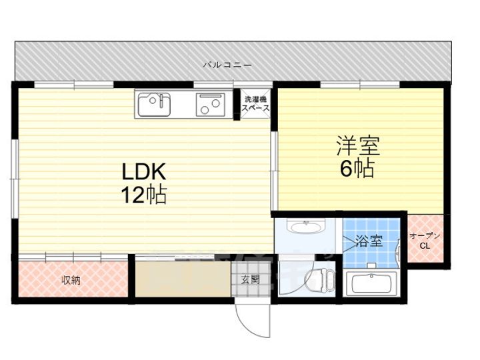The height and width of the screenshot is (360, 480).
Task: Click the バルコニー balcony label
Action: pos(227,65)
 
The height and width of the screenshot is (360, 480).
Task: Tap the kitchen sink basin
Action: pos(155,103)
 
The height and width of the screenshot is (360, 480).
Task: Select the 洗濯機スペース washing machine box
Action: pos(255,103)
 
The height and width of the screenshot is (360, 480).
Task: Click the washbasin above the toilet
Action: pos(306,227)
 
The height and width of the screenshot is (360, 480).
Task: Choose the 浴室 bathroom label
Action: pos(369,240)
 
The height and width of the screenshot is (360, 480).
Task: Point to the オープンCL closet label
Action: pos(425,240)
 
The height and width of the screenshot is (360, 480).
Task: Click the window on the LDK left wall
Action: pos(14,179)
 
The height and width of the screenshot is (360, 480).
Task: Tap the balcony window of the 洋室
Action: pos(360,85)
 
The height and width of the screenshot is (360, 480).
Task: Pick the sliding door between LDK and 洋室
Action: pos(273,171)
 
